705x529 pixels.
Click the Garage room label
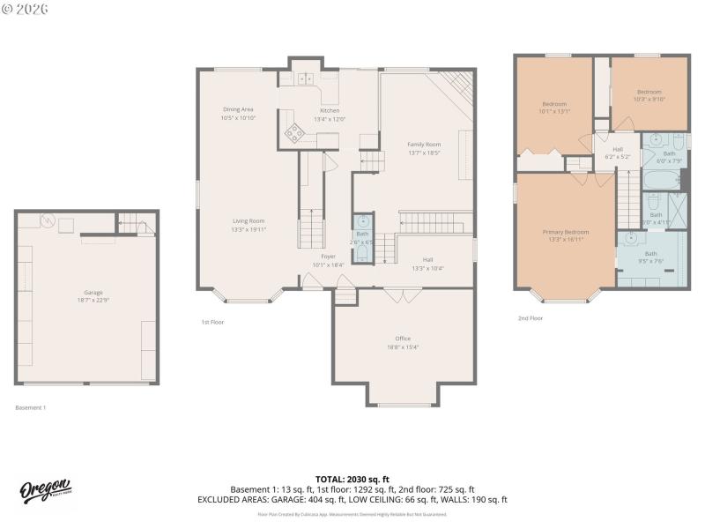coord(93,293)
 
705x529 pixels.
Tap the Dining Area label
coord(238,109)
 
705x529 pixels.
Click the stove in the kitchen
coord(293,134)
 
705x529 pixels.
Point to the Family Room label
coord(424,144)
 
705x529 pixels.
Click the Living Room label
coord(249,221)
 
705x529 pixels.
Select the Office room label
coord(403,339)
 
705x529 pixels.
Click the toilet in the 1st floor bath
coord(361,253)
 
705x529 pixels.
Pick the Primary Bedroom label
coord(565,232)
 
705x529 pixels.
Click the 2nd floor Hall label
coord(618,149)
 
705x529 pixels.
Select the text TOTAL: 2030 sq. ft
coord(352,479)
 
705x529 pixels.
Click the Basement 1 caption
coord(31,407)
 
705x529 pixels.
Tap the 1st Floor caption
coord(212,322)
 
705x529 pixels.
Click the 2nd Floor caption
coord(531,317)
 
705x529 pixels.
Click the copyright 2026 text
coord(26,9)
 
